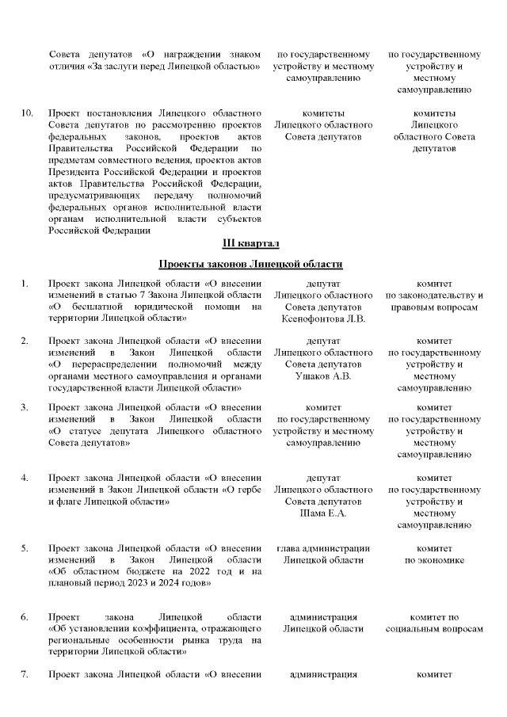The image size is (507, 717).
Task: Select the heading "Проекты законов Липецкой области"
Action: (250, 263)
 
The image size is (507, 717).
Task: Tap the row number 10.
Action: (27, 113)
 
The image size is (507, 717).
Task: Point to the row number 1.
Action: (25, 283)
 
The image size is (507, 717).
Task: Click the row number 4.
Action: (25, 478)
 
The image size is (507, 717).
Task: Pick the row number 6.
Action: (25, 616)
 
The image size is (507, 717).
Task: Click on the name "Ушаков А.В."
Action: (323, 376)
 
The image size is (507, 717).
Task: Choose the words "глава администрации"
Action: (323, 547)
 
